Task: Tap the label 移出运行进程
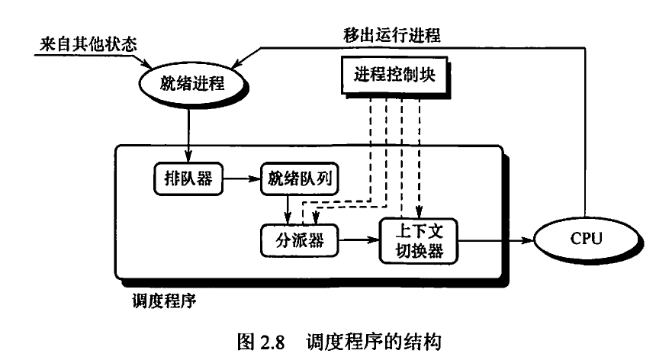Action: coord(391,35)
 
